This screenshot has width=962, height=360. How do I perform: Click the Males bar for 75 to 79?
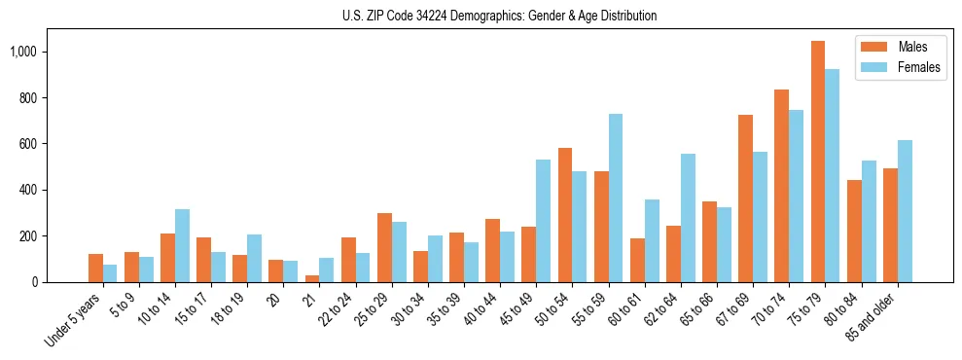[x=818, y=162]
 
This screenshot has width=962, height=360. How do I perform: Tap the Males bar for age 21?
[x=312, y=278]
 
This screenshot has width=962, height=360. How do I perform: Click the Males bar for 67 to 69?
[x=746, y=198]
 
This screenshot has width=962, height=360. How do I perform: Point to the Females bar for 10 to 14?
[x=183, y=245]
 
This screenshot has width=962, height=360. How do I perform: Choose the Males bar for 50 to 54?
[x=565, y=215]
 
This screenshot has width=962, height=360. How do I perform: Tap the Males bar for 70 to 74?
[x=782, y=186]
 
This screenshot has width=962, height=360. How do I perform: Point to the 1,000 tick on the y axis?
[x=36, y=52]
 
